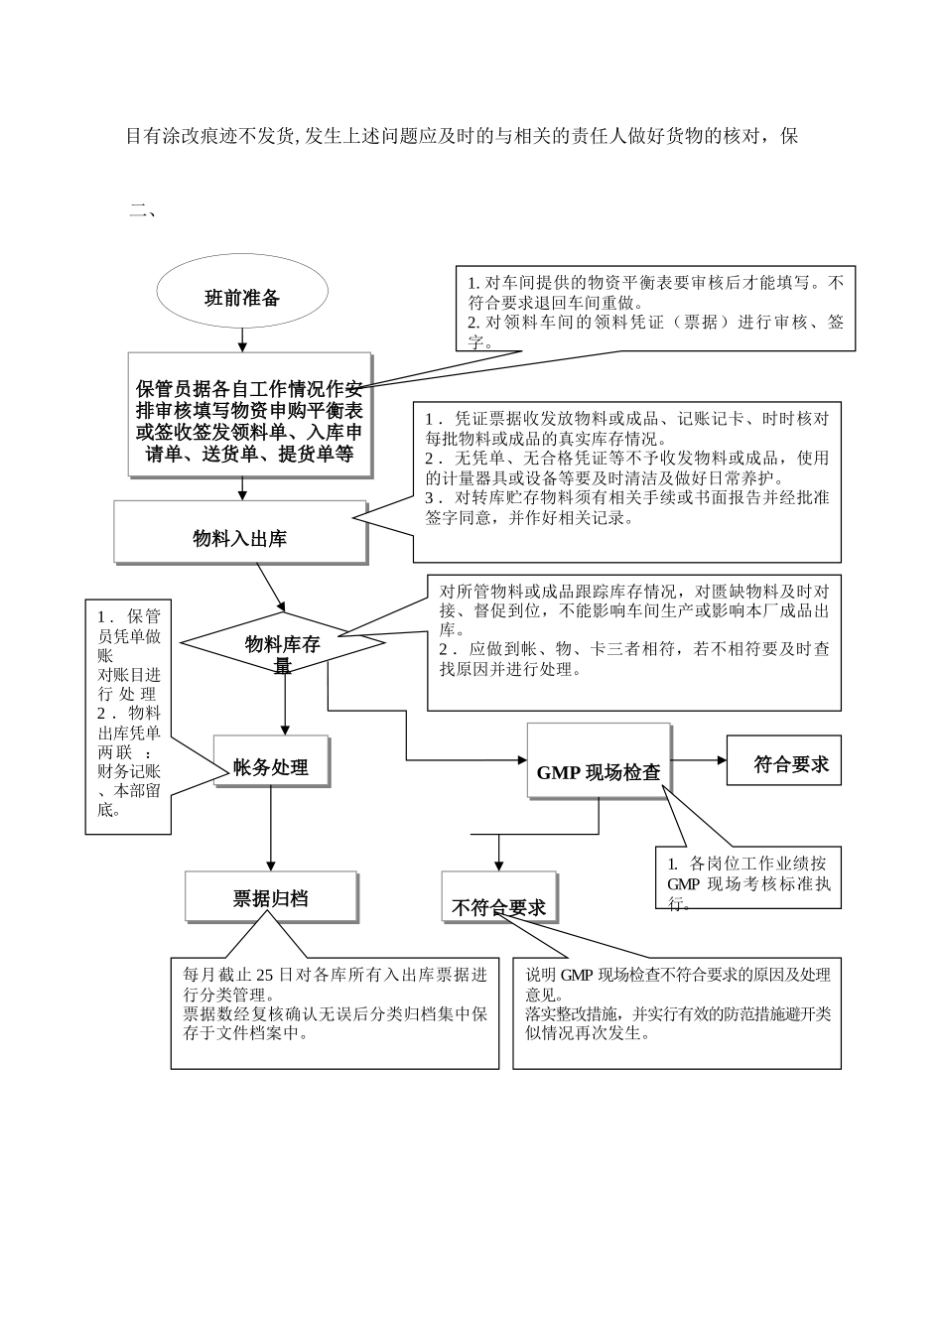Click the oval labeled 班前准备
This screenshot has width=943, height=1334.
[x=241, y=297]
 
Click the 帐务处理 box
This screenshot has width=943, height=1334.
[x=271, y=766]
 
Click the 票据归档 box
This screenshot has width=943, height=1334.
[x=271, y=897]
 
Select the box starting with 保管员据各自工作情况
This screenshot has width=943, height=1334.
[x=249, y=415]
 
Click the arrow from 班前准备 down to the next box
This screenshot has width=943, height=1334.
[x=242, y=338]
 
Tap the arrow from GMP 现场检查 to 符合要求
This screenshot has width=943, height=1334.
[x=699, y=761]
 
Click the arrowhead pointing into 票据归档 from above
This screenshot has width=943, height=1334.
[x=271, y=865]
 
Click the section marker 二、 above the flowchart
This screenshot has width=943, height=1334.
[x=143, y=209]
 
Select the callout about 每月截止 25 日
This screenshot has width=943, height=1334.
[x=335, y=1012]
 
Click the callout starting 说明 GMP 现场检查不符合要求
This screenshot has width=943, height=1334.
[x=677, y=1012]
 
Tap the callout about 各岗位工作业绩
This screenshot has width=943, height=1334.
[x=748, y=876]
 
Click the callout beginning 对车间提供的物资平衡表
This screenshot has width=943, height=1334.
[x=655, y=308]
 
